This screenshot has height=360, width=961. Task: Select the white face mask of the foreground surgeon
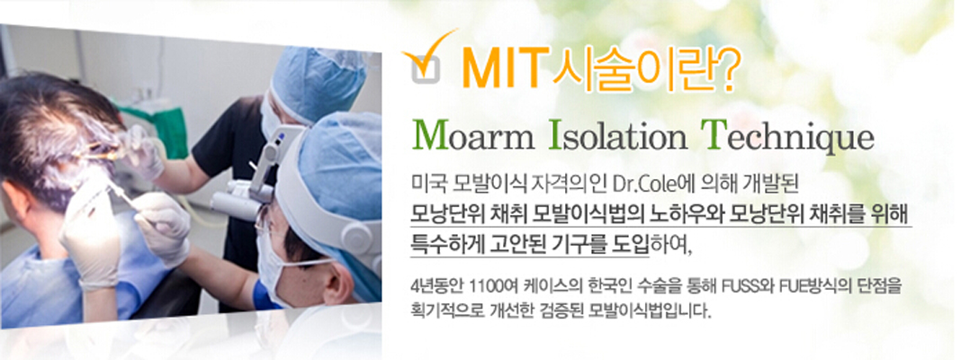coord(276,269)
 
